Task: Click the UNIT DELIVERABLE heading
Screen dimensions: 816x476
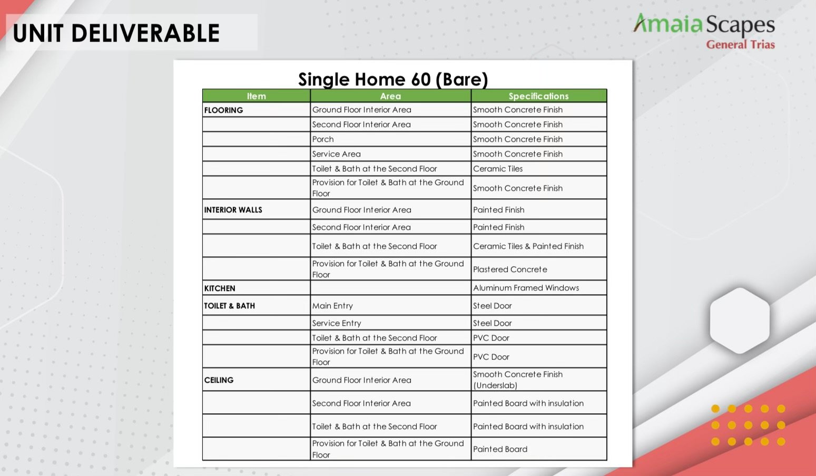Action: point(116,33)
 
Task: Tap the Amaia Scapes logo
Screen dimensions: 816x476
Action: point(704,25)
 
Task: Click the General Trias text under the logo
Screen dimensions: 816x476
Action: point(740,44)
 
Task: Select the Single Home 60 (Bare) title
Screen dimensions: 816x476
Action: point(392,79)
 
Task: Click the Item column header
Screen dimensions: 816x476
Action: point(257,96)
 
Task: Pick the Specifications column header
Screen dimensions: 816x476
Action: point(538,96)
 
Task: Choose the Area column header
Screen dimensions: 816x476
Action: point(390,96)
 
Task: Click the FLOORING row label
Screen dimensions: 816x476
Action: point(223,110)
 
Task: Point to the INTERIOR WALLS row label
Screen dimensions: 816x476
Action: point(233,210)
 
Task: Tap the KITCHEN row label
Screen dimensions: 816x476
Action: point(219,288)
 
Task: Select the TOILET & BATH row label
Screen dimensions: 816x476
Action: point(229,306)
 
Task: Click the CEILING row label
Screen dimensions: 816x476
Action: point(219,380)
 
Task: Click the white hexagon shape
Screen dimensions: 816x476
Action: point(740,320)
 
